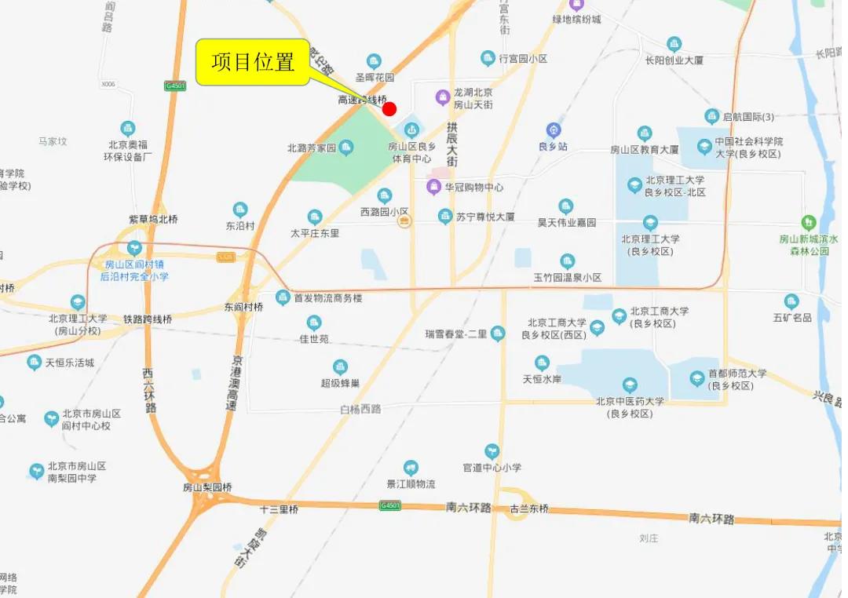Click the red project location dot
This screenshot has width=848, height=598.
[x=389, y=108]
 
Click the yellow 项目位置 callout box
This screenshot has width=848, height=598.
[x=253, y=62]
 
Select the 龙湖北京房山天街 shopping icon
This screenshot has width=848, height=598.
[x=443, y=97]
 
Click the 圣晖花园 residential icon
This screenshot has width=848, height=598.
[x=375, y=61]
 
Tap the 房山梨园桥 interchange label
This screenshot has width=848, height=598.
[x=207, y=487]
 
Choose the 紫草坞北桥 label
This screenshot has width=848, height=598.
[x=153, y=220]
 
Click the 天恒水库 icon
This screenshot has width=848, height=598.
[x=542, y=363]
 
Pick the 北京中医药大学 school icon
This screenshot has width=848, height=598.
[x=630, y=385]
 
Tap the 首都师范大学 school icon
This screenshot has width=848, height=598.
[x=697, y=379]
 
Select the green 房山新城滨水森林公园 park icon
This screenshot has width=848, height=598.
[x=808, y=223]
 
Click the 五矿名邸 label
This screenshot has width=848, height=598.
[x=791, y=318]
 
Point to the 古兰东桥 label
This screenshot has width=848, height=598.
[x=529, y=509]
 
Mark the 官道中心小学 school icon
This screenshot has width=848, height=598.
[x=492, y=451]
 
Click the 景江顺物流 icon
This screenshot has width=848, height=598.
[x=411, y=468]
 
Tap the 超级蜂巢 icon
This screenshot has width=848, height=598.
[x=340, y=366]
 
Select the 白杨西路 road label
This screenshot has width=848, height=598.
[x=360, y=409]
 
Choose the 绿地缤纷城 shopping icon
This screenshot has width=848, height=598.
[x=578, y=4]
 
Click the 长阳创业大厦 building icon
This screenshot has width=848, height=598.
[x=674, y=44]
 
